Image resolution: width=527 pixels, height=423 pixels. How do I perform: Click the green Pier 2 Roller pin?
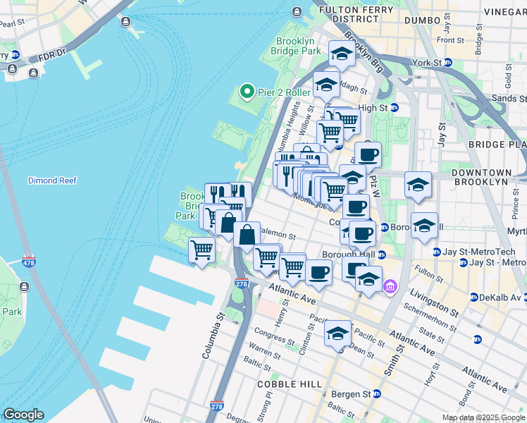point(247,92)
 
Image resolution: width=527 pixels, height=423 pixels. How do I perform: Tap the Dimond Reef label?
point(51,180)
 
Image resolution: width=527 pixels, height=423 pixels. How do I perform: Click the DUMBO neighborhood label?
point(422,21)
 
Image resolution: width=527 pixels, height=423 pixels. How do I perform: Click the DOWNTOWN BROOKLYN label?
point(490,177)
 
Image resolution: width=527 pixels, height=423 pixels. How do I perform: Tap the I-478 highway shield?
point(29,262)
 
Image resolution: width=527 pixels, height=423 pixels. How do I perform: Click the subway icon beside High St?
point(394,108)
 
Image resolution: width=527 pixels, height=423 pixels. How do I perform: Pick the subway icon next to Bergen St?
point(377,393)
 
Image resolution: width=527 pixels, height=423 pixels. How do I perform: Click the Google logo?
point(23,415)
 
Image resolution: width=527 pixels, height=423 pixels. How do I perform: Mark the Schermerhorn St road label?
point(435,317)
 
